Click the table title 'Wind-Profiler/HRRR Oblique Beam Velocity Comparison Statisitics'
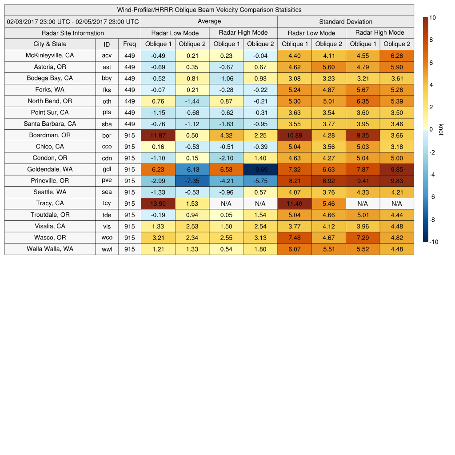209,10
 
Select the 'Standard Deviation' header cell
346,21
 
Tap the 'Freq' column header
129,44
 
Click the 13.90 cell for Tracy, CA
158,204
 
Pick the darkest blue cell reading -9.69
260,169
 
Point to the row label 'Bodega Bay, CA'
50,78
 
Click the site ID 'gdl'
107,169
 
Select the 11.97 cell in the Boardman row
158,135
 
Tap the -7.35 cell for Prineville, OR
192,181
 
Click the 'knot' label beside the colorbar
441,129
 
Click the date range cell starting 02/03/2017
73,21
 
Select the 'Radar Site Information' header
72,33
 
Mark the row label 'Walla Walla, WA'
50,249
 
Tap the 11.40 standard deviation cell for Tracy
294,204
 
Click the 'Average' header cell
209,21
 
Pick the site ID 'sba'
107,124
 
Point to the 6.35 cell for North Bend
363,101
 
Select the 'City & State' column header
50,44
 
